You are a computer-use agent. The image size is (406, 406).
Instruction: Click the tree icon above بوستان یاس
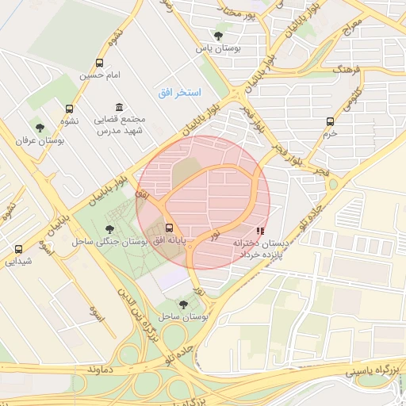click(219, 36)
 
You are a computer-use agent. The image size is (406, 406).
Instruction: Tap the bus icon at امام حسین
click(99, 63)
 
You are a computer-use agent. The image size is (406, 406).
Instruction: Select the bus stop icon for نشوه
click(69, 109)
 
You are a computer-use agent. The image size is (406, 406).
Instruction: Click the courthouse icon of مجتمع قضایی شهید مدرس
click(119, 107)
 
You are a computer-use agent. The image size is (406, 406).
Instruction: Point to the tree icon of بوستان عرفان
click(39, 128)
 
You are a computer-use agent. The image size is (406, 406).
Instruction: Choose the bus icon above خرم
click(330, 121)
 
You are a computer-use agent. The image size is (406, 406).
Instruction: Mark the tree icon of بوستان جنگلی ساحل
click(109, 229)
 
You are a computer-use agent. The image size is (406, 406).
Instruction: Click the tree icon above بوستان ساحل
click(183, 304)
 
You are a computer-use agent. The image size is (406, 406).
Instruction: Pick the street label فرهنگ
click(347, 71)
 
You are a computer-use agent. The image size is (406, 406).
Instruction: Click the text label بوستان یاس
click(219, 48)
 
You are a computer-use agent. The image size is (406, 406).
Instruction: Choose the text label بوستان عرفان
click(39, 140)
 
